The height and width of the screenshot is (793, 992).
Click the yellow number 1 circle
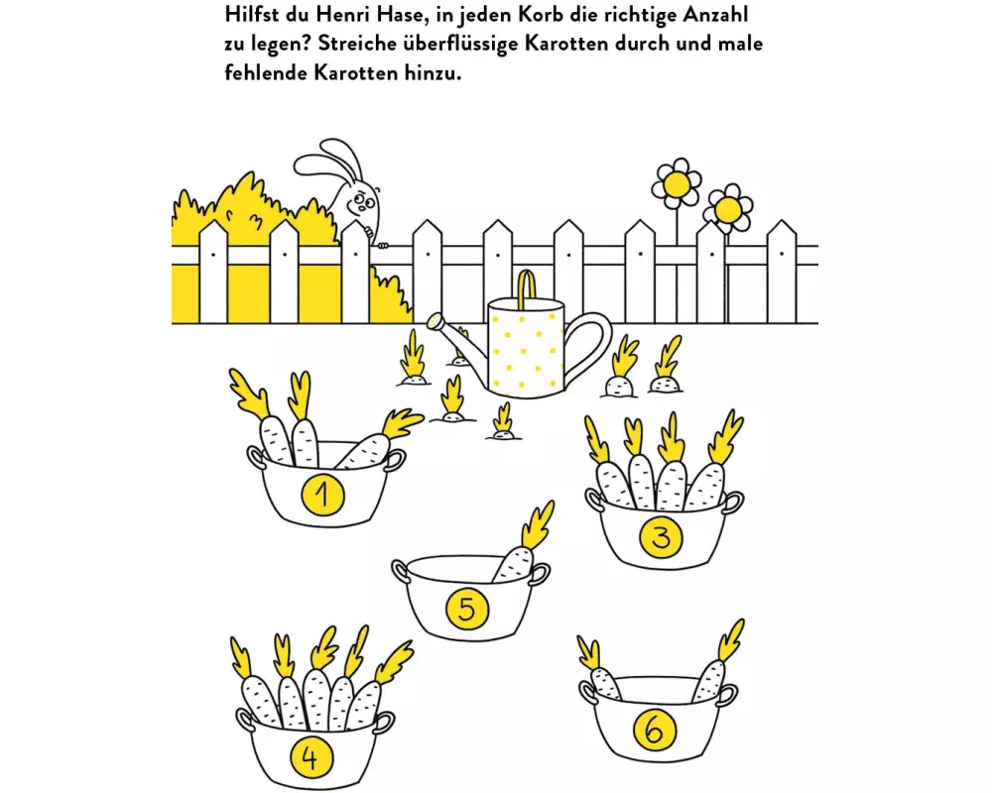(x=322, y=495)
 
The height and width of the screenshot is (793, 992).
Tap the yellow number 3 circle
(x=661, y=537)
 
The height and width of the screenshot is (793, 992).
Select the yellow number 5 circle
(x=467, y=609)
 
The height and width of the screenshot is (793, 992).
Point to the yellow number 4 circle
(x=310, y=757)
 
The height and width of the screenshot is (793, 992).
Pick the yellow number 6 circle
(x=654, y=732)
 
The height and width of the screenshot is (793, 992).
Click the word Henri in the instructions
(x=340, y=14)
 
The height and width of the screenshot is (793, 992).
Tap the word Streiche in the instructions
(x=356, y=44)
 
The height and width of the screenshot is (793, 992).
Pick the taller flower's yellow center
(x=678, y=184)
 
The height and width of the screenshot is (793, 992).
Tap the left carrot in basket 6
(x=600, y=672)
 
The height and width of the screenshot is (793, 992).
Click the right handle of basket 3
(x=733, y=503)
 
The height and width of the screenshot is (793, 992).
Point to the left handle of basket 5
(x=401, y=572)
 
